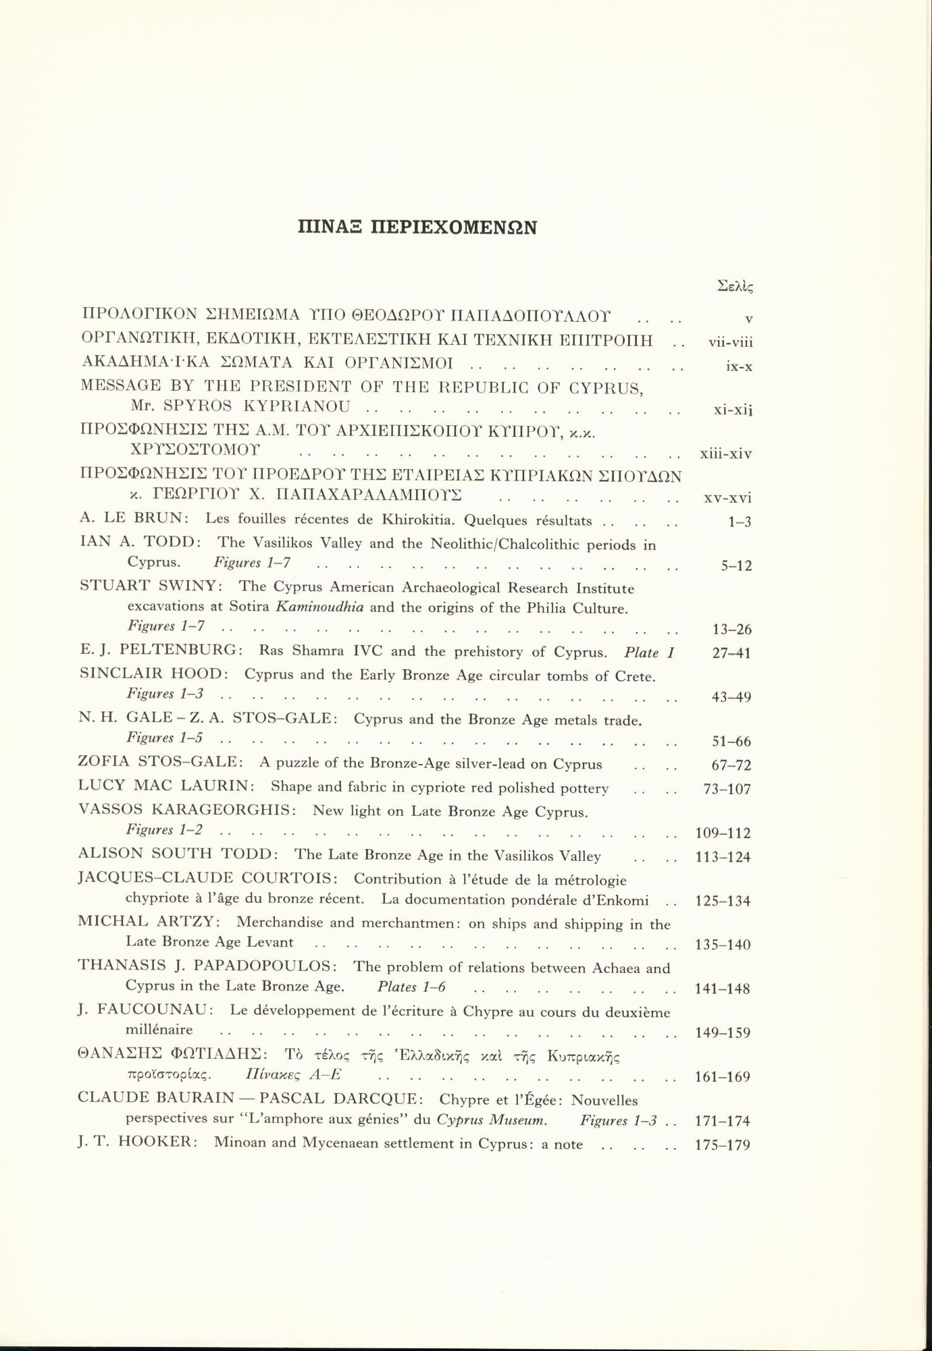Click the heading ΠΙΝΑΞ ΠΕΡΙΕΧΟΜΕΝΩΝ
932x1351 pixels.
417,227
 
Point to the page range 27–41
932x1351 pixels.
732,653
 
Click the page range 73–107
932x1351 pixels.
727,789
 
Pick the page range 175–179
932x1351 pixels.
723,1145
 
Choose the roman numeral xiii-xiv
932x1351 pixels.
726,453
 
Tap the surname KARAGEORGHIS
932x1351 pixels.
226,810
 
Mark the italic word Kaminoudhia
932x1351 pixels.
320,607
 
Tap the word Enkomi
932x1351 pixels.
625,900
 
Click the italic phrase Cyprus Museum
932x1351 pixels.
492,1120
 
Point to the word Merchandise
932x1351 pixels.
280,922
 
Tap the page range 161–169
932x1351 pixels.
723,1077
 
